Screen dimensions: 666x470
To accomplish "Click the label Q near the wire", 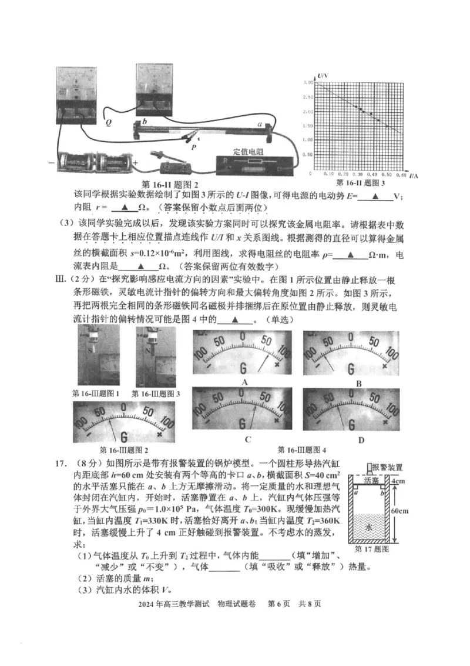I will [x=108, y=124].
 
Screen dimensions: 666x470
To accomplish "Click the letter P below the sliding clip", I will [x=193, y=146].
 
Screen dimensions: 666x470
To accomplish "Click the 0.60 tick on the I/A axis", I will [x=401, y=175].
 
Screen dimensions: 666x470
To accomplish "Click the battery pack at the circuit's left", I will [x=95, y=160].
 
